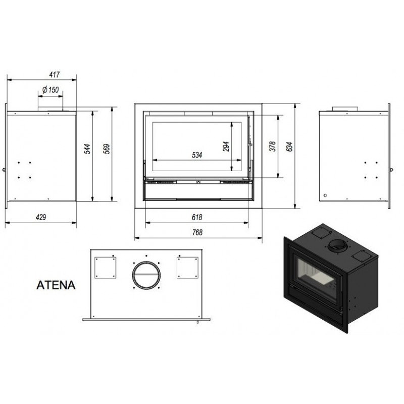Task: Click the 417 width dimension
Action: (55, 75)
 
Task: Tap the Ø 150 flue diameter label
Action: (50, 90)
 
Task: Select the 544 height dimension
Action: (87, 149)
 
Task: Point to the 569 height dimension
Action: (107, 149)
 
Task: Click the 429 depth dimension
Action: (41, 217)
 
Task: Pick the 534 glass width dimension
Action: (197, 155)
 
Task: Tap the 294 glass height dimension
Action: (226, 146)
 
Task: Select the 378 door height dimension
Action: (272, 146)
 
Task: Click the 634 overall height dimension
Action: (289, 146)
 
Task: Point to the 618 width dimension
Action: (197, 217)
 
